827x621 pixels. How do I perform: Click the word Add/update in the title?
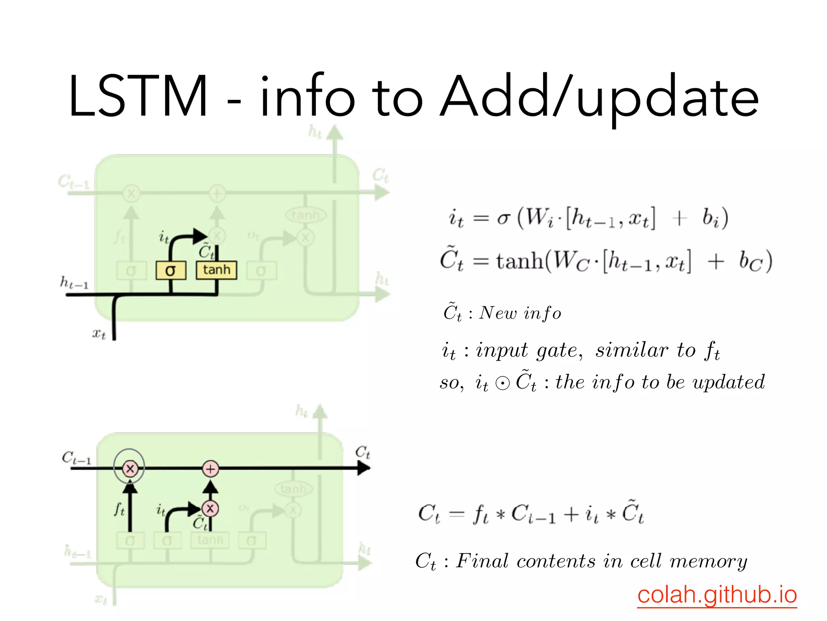pyautogui.click(x=600, y=97)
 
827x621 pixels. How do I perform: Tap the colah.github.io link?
pyautogui.click(x=717, y=594)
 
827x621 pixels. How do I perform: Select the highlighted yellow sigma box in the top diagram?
pyautogui.click(x=171, y=270)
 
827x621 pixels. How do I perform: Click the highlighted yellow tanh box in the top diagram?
pyautogui.click(x=216, y=270)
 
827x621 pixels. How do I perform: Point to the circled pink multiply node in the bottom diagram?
pyautogui.click(x=130, y=469)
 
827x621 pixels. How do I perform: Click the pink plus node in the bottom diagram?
pyautogui.click(x=210, y=469)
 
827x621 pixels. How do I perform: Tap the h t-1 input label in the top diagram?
pyautogui.click(x=74, y=283)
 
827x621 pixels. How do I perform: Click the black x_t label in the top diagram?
pyautogui.click(x=99, y=334)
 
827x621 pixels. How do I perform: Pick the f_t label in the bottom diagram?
pyautogui.click(x=119, y=509)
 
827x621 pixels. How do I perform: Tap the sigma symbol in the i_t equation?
pyautogui.click(x=503, y=218)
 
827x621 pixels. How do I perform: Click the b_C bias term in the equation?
pyautogui.click(x=750, y=262)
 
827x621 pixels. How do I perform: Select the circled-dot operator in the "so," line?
pyautogui.click(x=502, y=383)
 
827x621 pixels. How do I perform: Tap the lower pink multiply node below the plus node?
pyautogui.click(x=210, y=508)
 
